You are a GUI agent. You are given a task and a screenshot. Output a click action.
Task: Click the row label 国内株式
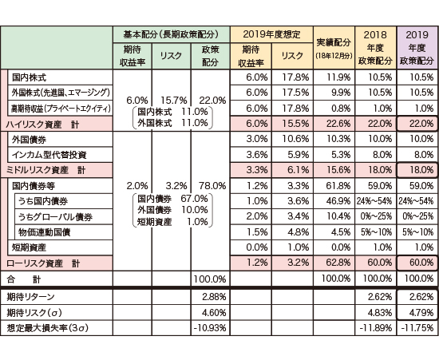(29, 77)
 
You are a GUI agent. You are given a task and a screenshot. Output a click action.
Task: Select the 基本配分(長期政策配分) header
(171, 34)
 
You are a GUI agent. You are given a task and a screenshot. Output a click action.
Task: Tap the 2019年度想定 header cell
(271, 34)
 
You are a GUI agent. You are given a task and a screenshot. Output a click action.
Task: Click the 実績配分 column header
(334, 42)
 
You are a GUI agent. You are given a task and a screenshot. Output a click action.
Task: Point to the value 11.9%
(338, 77)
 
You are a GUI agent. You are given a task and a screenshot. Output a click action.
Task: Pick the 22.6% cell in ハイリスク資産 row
(338, 124)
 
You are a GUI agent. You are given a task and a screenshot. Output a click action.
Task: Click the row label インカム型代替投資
(49, 155)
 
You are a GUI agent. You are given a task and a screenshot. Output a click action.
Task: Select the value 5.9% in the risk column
(299, 154)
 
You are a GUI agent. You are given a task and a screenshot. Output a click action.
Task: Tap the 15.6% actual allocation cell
(338, 170)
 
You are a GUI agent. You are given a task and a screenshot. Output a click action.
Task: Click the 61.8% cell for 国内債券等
(338, 186)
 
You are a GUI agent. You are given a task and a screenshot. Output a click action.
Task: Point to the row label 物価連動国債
(44, 232)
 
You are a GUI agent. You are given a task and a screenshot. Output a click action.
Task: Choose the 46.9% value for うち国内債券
(338, 201)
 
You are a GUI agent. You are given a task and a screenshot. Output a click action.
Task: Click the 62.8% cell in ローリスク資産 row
(338, 263)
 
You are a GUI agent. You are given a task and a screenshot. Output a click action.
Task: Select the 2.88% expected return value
(214, 297)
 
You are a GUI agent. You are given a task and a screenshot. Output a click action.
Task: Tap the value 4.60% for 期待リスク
(214, 312)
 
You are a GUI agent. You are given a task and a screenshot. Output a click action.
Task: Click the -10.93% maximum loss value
(210, 328)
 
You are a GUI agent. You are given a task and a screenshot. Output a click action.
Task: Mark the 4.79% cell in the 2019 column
(421, 312)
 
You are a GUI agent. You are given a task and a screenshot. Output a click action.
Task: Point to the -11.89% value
(375, 328)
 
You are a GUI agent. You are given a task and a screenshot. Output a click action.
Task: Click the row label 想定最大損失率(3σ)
(48, 328)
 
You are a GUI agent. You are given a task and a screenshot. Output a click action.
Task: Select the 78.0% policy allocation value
(212, 186)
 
